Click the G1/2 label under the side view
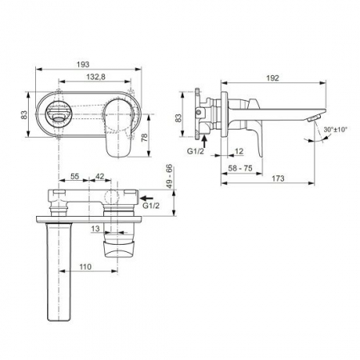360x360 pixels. click(197, 150)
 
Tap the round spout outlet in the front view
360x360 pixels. click(58, 114)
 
